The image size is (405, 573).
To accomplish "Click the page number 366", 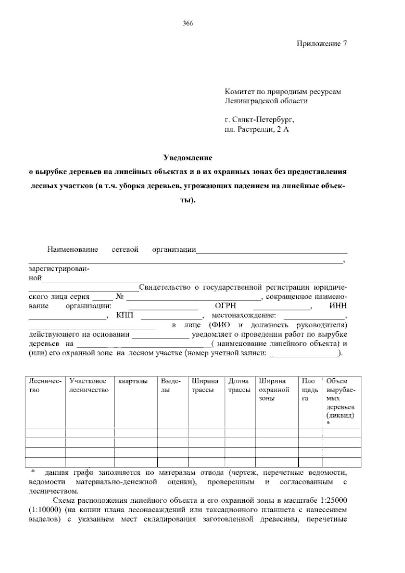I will (188, 23).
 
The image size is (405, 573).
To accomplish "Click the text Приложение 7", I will (322, 44).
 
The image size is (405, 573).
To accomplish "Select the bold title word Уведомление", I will (188, 157).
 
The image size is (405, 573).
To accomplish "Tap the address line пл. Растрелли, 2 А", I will (257, 129).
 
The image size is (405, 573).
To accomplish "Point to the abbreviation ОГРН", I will (225, 306).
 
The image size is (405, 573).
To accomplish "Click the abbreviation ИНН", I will (337, 306).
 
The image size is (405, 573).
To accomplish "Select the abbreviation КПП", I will (125, 316).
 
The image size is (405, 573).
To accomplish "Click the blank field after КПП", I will (172, 316).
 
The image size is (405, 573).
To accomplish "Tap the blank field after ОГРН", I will (282, 307).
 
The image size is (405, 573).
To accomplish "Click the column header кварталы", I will (133, 381).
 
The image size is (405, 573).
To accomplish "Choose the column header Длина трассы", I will (239, 385).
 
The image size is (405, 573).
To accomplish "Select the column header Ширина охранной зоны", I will (274, 390).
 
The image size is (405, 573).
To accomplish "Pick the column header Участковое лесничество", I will (89, 385).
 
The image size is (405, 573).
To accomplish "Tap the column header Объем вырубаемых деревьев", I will (340, 398).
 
